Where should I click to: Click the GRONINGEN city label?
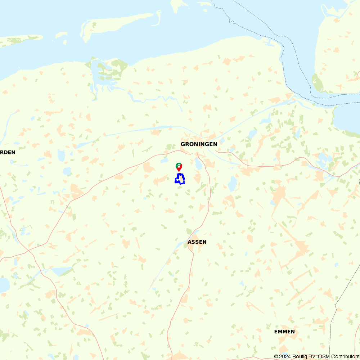pyautogui.click(x=199, y=144)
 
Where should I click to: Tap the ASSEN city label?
pyautogui.click(x=197, y=242)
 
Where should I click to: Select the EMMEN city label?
pyautogui.click(x=284, y=332)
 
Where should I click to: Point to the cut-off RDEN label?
pyautogui.click(x=8, y=152)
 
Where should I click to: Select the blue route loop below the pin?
pyautogui.click(x=180, y=179)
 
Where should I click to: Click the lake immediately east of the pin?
pyautogui.click(x=198, y=165)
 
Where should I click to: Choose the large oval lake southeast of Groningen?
pyautogui.click(x=233, y=184)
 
